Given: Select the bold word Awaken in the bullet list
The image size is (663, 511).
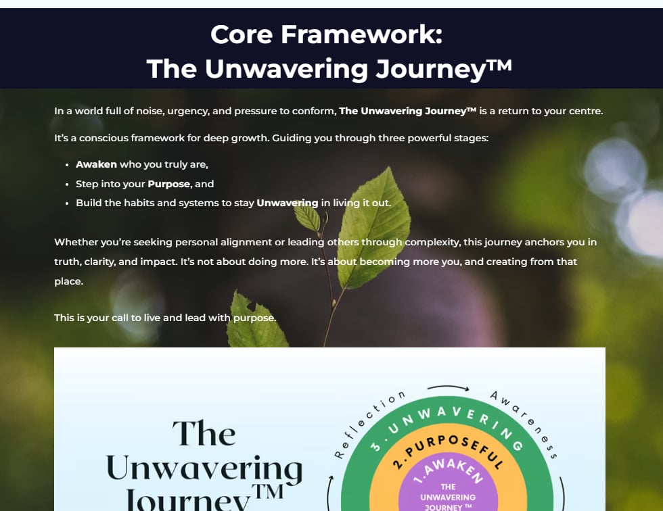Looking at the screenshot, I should [96, 164].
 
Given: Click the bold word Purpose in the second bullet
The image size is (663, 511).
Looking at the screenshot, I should [168, 184].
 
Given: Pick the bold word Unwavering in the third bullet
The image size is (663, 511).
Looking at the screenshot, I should [287, 203].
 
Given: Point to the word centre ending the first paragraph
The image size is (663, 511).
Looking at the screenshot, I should [583, 111].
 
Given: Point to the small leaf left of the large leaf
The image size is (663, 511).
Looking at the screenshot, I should [307, 218].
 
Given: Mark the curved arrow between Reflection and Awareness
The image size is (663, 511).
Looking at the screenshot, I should [448, 388].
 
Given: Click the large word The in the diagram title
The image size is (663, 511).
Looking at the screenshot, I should [204, 433].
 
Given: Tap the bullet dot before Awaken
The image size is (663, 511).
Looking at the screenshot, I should [68, 165].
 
